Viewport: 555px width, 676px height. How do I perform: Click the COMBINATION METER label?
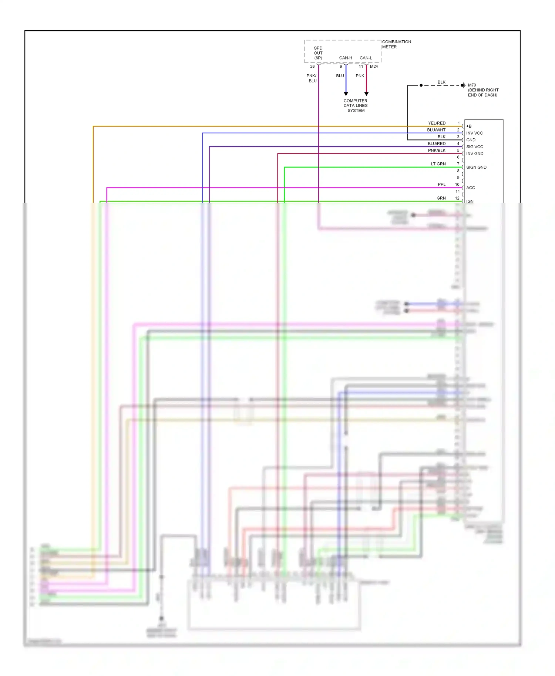tap(396, 44)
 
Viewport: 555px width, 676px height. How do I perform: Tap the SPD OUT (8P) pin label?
tap(318, 53)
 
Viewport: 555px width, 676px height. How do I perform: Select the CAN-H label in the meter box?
tap(346, 58)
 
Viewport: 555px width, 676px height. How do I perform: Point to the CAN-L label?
tap(366, 58)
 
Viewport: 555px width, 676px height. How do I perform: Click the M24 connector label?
tap(374, 67)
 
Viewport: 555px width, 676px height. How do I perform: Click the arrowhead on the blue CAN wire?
tap(346, 94)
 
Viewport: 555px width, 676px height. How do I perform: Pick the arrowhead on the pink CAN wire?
tap(366, 94)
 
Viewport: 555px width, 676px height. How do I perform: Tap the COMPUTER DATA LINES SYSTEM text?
tap(356, 106)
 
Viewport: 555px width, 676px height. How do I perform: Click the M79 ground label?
tap(472, 85)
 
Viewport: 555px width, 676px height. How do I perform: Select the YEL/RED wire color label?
tap(437, 123)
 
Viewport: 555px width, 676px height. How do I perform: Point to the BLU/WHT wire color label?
tap(436, 130)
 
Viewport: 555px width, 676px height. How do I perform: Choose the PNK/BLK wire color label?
tap(437, 151)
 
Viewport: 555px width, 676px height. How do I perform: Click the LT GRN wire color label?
tap(438, 164)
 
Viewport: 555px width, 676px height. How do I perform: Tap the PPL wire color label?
tap(441, 185)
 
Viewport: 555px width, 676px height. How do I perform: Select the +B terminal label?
tap(469, 126)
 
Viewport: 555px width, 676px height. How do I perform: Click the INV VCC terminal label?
tap(474, 133)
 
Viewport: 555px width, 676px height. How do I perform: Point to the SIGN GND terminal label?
tap(476, 168)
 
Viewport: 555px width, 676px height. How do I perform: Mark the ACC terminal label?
tap(470, 188)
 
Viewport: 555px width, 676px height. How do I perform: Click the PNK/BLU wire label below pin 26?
tap(312, 78)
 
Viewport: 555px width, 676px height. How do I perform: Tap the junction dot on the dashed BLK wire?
tap(421, 85)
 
